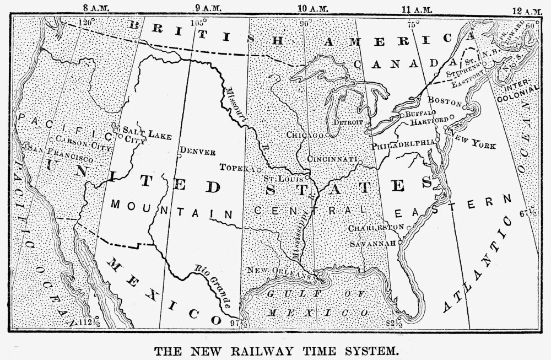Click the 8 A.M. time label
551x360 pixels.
point(96,8)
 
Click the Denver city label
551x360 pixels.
point(197,152)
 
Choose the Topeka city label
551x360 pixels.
point(237,167)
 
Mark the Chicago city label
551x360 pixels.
point(304,135)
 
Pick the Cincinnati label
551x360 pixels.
point(333,159)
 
